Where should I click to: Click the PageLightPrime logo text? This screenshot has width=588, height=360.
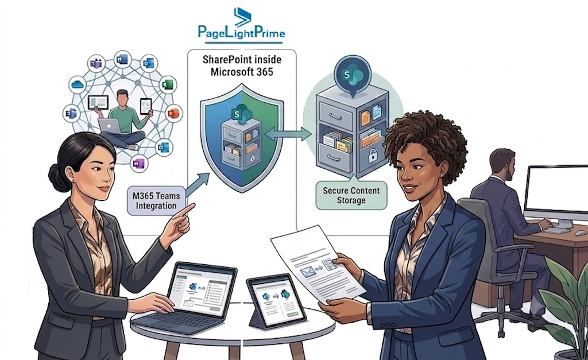click(242, 32)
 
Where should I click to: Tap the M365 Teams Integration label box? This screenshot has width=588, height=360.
click(156, 200)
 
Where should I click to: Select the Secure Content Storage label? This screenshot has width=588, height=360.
click(351, 195)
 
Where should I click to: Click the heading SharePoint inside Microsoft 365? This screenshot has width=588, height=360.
click(242, 65)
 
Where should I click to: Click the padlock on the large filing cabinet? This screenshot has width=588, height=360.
click(372, 154)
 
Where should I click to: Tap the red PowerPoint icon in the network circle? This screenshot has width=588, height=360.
click(173, 113)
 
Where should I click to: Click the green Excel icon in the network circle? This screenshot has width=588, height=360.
click(167, 85)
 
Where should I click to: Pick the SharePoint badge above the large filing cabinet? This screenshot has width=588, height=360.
click(347, 75)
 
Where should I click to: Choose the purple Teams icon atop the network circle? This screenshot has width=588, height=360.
click(96, 64)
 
